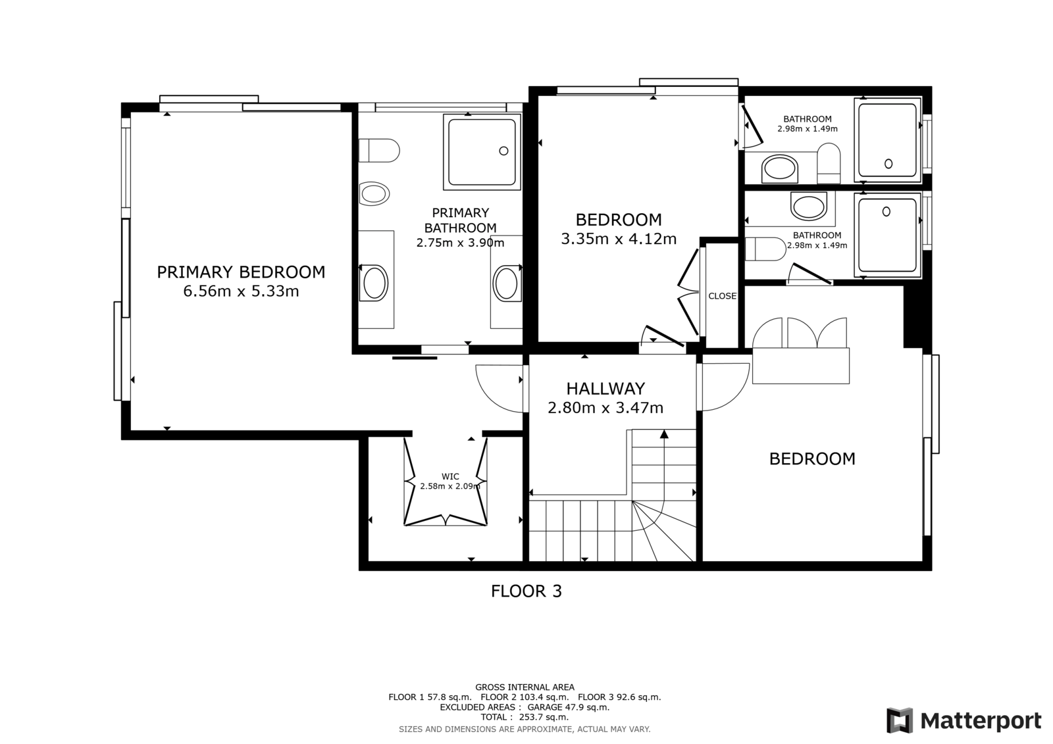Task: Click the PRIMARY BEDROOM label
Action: tap(241, 272)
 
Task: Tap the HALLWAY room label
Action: tap(605, 389)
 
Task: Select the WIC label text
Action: tap(450, 476)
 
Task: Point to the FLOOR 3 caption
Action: tap(526, 591)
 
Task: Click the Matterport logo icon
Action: tap(900, 720)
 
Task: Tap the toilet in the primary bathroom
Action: tap(379, 151)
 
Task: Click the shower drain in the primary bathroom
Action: tap(503, 151)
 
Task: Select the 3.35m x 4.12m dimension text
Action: tap(619, 239)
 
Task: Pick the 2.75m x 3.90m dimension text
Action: tap(460, 243)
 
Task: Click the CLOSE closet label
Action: tap(723, 296)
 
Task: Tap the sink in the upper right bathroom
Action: tap(780, 168)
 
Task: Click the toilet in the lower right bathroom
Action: tap(766, 249)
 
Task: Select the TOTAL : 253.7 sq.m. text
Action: tap(525, 717)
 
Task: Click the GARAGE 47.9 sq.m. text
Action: tap(569, 707)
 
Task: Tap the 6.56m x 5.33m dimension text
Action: tap(241, 291)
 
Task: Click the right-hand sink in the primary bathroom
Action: tap(506, 284)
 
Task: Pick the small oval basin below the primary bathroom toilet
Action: tap(374, 193)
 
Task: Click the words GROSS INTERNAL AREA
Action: tap(525, 687)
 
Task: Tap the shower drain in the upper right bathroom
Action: tap(888, 164)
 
